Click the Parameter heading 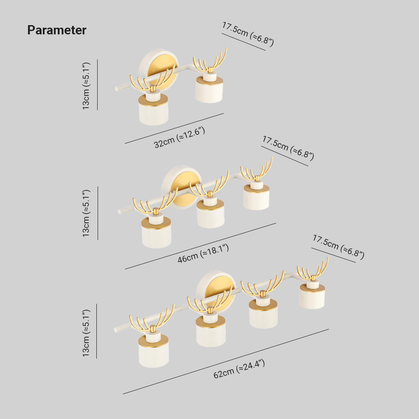[57, 30]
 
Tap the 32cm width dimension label [179, 137]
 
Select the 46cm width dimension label [203, 253]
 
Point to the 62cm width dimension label [239, 369]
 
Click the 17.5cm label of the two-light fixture [248, 34]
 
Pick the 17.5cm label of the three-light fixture [288, 148]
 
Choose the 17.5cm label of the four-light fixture [339, 247]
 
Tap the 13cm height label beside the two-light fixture [86, 86]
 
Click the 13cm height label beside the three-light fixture [86, 213]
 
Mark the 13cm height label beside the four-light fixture [86, 333]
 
